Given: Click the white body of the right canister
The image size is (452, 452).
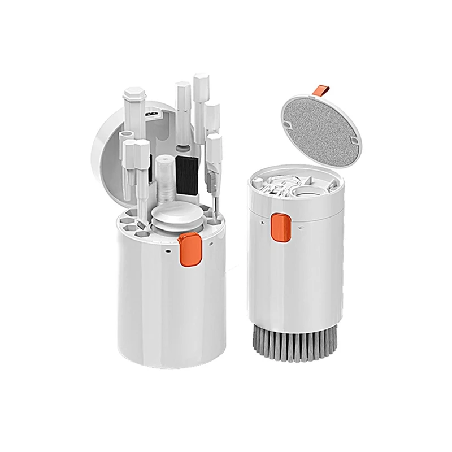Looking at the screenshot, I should pos(305,271).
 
